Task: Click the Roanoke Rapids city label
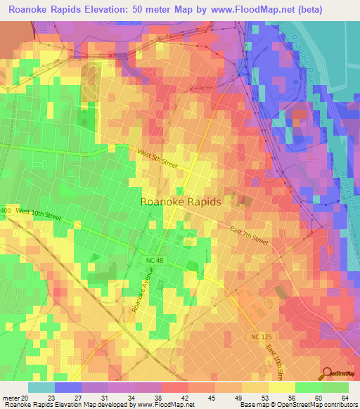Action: coord(181,201)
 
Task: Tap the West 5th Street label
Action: coord(157,157)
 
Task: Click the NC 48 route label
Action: coord(156,260)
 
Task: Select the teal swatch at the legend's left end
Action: coord(41,387)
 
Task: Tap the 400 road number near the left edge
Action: coord(6,211)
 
